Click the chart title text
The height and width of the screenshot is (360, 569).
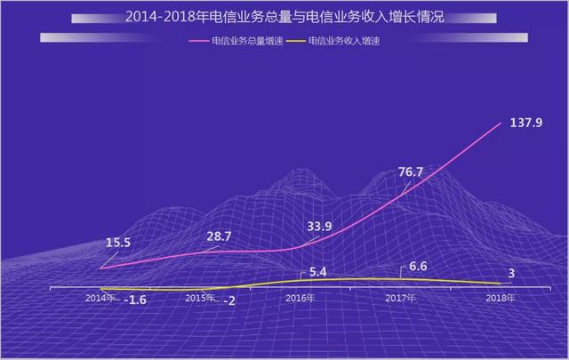[284, 17]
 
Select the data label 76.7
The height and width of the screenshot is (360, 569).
[412, 172]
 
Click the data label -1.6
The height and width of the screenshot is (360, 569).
[133, 300]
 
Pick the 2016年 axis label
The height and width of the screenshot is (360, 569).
[301, 297]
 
